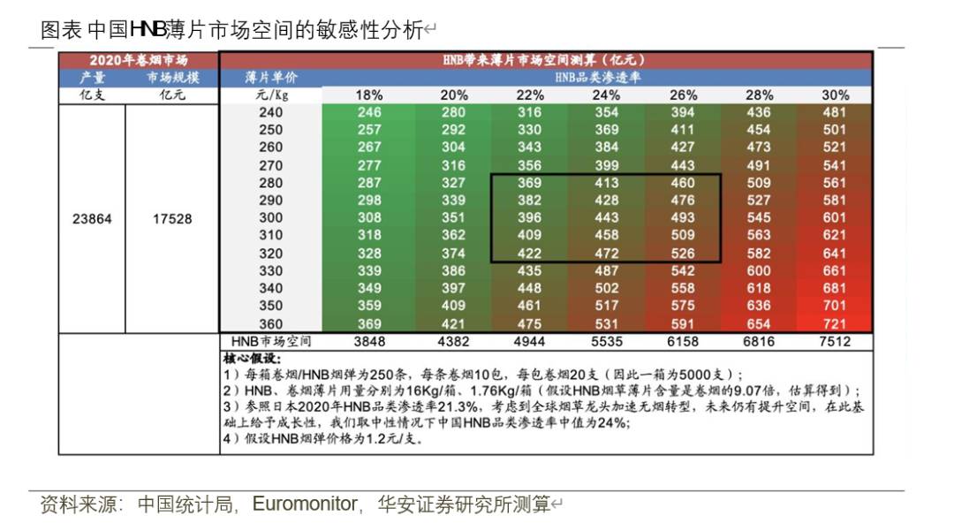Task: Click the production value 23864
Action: [x=92, y=219]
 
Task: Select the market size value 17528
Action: [x=172, y=219]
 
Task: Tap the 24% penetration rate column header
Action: [x=606, y=95]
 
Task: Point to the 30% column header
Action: [x=835, y=95]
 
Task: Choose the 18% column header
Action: [x=369, y=95]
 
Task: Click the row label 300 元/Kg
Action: [x=271, y=218]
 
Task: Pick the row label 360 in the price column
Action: [x=271, y=324]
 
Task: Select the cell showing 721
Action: [x=835, y=324]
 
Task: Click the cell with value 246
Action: [x=369, y=112]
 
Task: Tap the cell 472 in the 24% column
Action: [x=606, y=254]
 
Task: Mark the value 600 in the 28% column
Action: [x=759, y=271]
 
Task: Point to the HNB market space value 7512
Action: [x=835, y=342]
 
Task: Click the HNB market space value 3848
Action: [x=369, y=342]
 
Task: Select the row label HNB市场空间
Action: [x=271, y=342]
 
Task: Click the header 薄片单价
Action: [x=271, y=78]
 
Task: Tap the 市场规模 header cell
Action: [x=172, y=78]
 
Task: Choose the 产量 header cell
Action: [x=92, y=78]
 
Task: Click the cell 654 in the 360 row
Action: [x=759, y=324]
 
